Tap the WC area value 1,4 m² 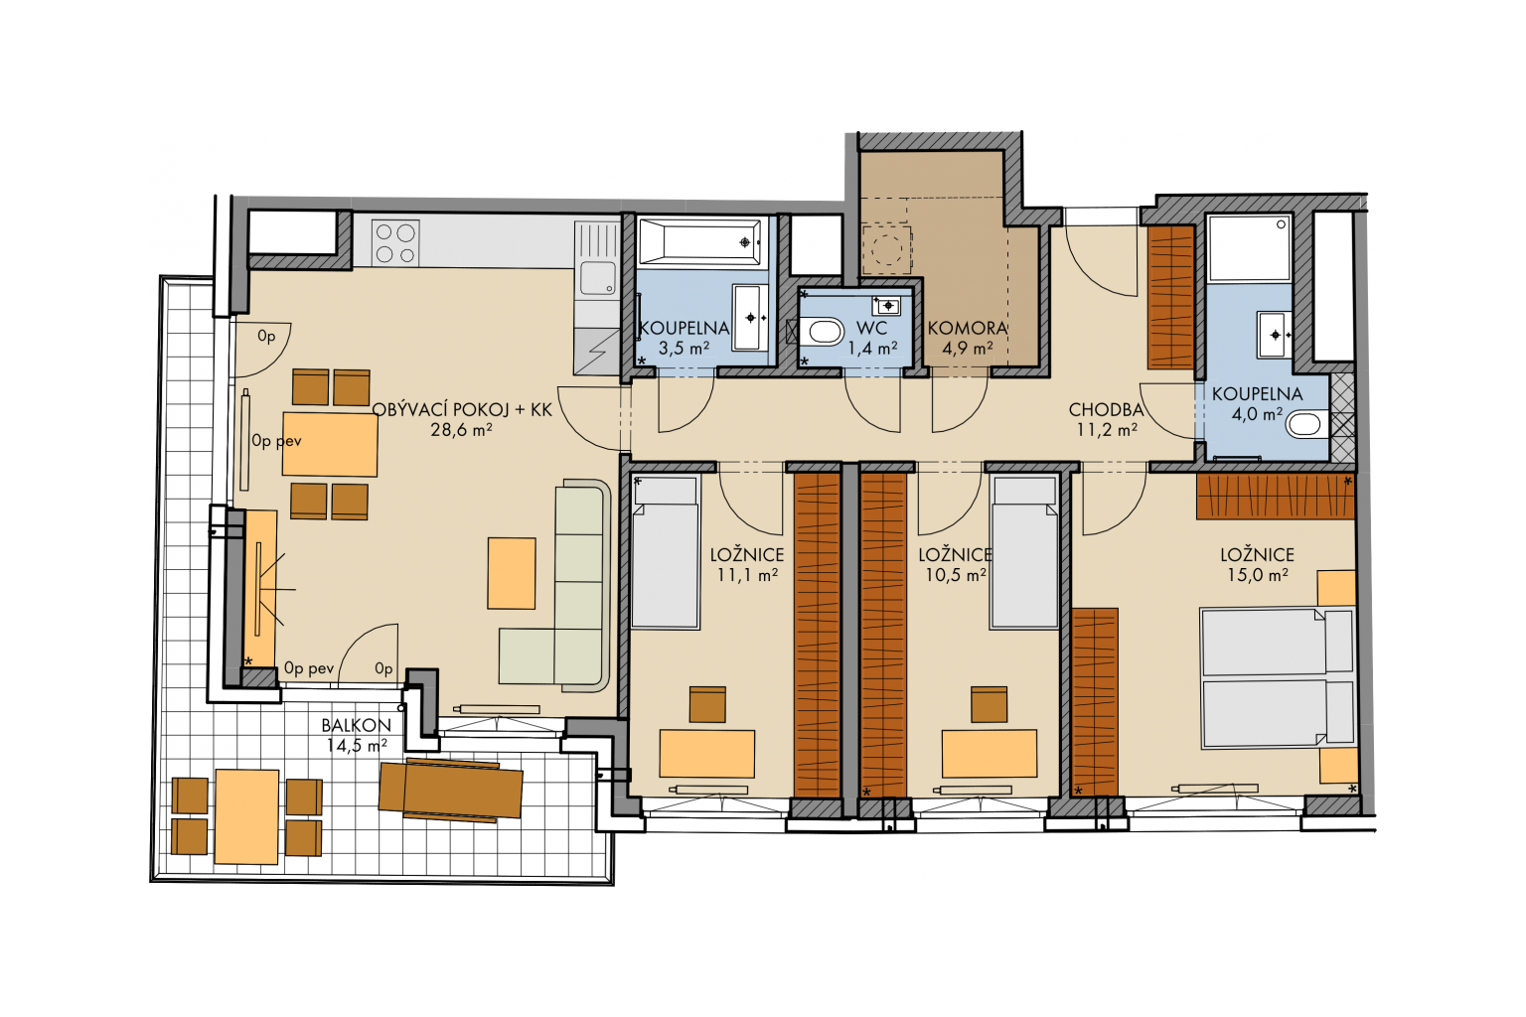872,348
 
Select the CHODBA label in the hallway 1106,409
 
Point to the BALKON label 357,725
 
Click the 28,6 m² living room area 461,430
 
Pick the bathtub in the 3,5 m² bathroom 699,241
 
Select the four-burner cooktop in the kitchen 395,243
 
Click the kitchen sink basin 597,278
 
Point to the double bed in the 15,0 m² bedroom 1278,678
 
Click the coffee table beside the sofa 511,573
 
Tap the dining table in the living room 330,443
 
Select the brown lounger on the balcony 450,790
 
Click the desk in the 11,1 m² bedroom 706,754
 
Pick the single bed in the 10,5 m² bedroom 1024,552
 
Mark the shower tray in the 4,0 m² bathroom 1249,248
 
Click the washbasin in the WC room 885,306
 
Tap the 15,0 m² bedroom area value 1258,575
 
